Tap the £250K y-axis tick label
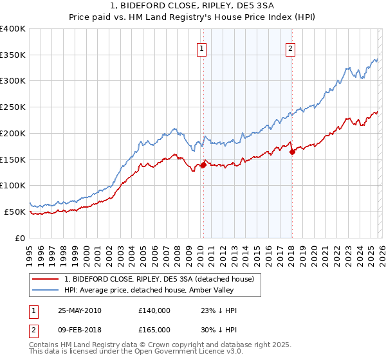[x=13, y=107]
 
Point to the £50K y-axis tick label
[x=15, y=212]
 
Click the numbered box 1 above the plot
[x=202, y=48]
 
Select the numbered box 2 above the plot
[x=290, y=48]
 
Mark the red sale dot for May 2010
[x=203, y=165]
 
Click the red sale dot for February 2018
[x=292, y=152]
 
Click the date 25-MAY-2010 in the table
[x=79, y=310]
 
